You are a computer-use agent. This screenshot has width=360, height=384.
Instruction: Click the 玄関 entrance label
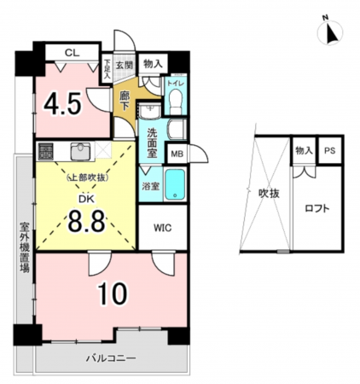point(125,65)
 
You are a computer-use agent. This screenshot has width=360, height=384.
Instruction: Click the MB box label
point(177,154)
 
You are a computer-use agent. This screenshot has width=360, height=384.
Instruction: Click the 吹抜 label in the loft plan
point(269,194)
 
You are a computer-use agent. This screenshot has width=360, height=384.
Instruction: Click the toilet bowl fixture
point(175,101)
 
